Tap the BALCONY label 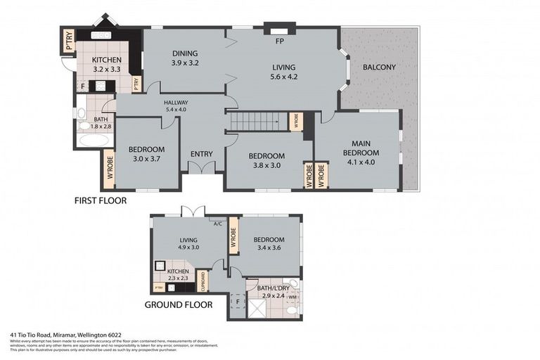pyautogui.click(x=379, y=67)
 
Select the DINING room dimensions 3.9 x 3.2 pyautogui.click(x=186, y=63)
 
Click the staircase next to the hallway pyautogui.click(x=256, y=122)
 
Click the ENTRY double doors pyautogui.click(x=201, y=168)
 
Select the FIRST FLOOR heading pyautogui.click(x=101, y=200)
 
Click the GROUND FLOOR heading pyautogui.click(x=179, y=305)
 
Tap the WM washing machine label pyautogui.click(x=291, y=297)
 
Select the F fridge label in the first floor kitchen pyautogui.click(x=83, y=86)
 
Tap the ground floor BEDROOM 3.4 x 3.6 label pyautogui.click(x=269, y=243)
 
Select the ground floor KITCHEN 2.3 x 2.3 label pyautogui.click(x=176, y=275)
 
